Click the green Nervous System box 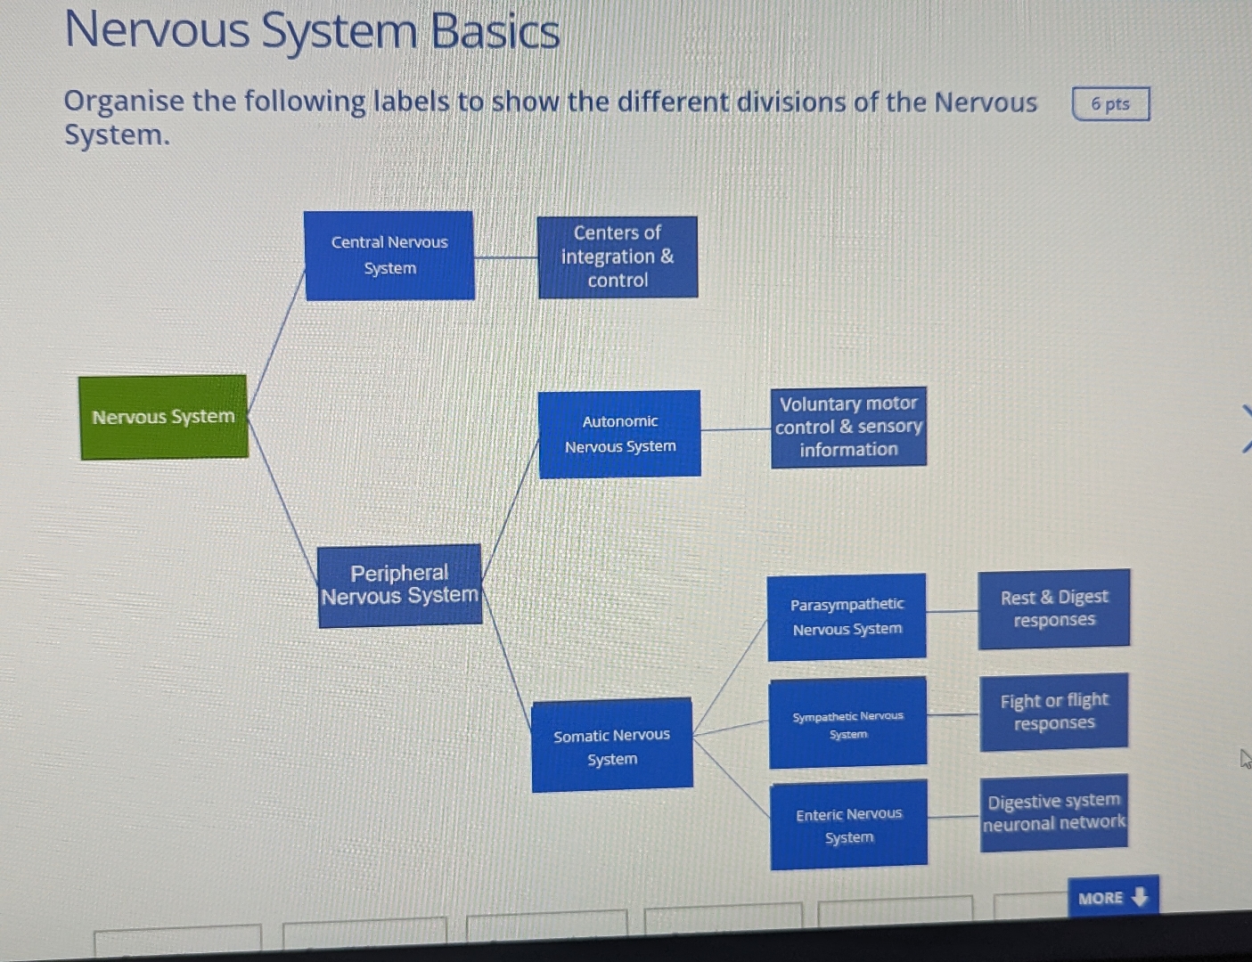click(163, 417)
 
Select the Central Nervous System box click(389, 256)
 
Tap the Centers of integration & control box click(618, 257)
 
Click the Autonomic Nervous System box click(620, 434)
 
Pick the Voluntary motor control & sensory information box click(848, 427)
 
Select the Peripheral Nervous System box click(400, 585)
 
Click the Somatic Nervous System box click(612, 746)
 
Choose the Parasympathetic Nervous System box click(847, 616)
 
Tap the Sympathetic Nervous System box click(847, 723)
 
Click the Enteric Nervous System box click(848, 825)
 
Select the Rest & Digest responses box click(1054, 608)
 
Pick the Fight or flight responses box click(1054, 712)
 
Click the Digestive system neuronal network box click(1054, 812)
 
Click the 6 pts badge click(1110, 103)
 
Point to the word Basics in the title click(495, 32)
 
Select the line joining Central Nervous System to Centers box click(505, 257)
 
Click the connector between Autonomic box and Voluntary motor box click(735, 429)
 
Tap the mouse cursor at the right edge click(1245, 759)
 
